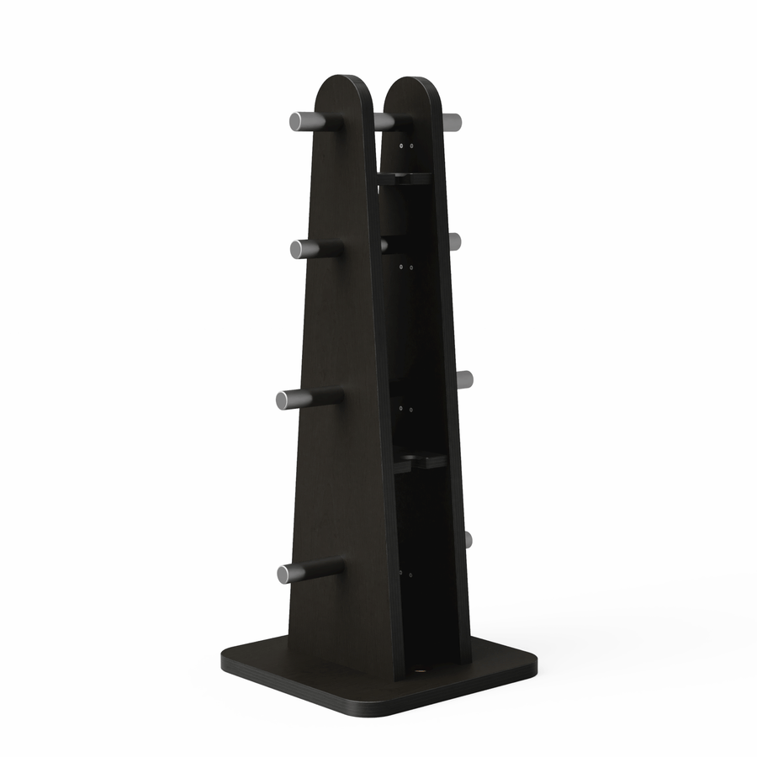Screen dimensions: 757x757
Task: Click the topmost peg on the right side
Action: [452, 122]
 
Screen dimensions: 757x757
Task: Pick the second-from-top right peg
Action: [454, 242]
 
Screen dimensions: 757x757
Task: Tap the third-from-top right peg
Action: [464, 379]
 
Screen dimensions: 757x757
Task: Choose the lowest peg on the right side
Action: [468, 539]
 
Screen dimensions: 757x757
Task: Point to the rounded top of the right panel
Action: [412, 88]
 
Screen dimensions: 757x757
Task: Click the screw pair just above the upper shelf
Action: [407, 146]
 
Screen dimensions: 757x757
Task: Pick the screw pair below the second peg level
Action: [407, 267]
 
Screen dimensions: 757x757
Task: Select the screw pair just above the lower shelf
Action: [406, 408]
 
